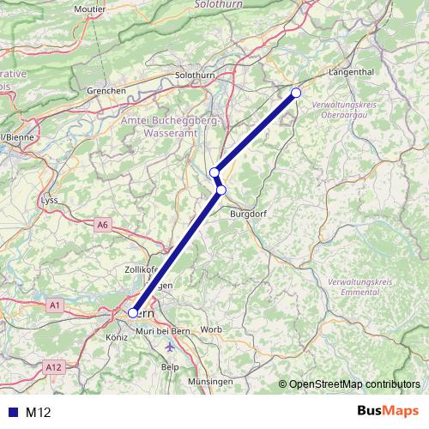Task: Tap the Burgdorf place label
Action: coord(248,214)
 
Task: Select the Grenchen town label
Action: coord(107,90)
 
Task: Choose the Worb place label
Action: coord(211,329)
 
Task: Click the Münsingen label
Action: coord(209,380)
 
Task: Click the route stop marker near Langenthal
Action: coord(296,93)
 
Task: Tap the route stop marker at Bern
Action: coord(133,313)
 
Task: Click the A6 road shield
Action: coord(103,225)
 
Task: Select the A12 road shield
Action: coord(55,366)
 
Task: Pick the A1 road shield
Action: coord(56,305)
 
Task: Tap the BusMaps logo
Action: coord(388,412)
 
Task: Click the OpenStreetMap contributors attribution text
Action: coord(354,384)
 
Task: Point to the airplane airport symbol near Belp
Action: coord(169,347)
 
